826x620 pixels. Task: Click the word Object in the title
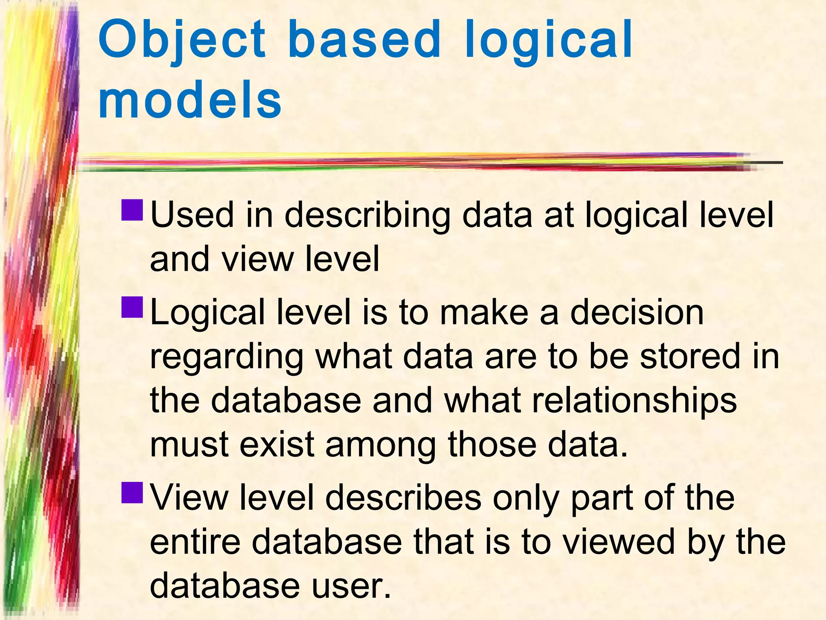pos(181,40)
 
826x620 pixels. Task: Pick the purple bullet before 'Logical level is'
pos(132,307)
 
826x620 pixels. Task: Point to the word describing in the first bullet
pos(367,216)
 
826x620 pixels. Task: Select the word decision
pos(637,312)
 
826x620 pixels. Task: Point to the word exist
pos(277,444)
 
